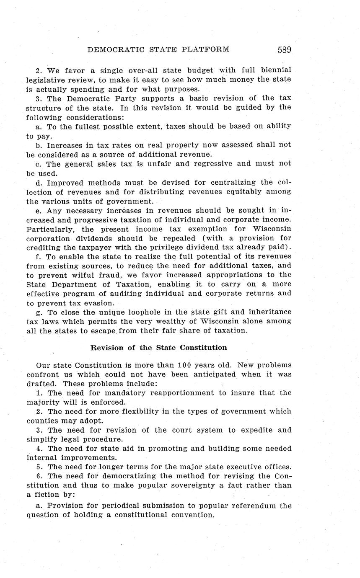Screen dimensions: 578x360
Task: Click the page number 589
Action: [x=284, y=50]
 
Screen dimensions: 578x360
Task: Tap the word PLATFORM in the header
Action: [x=207, y=50]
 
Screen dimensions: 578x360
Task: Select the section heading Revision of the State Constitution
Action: [x=159, y=348]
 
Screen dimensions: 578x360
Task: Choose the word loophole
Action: [x=137, y=312]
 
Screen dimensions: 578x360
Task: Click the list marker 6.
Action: [x=38, y=476]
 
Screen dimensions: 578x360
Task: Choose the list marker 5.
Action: [x=38, y=467]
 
